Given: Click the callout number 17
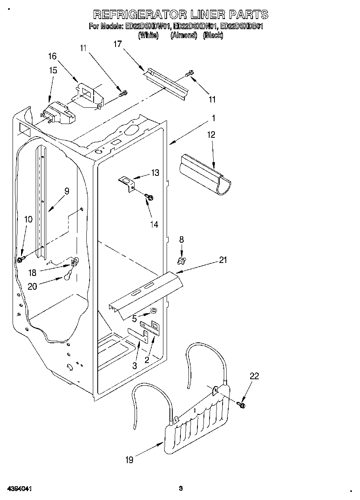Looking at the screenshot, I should [117, 45].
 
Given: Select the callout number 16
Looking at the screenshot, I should [52, 56].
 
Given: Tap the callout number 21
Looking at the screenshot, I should [223, 260].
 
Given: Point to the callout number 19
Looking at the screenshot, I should [129, 459].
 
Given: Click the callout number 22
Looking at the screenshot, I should [254, 376].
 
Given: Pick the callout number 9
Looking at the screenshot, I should [66, 191].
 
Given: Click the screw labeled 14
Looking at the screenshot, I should [149, 197].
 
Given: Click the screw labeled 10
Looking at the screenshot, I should [21, 258].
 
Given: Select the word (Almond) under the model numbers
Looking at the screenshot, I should [184, 36].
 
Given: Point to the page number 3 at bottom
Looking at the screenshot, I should [181, 488].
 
